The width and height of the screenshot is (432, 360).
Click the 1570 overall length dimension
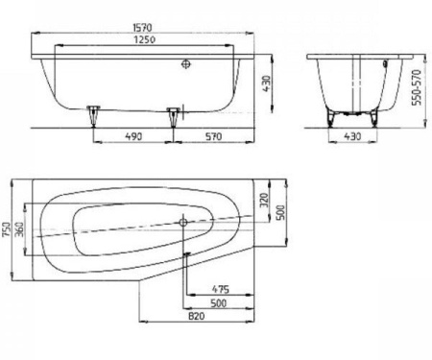coord(143,28)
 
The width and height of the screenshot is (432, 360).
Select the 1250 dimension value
coord(144,39)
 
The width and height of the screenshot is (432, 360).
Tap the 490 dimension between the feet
coord(133,136)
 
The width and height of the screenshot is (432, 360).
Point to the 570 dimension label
coord(213,136)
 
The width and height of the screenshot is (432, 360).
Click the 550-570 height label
coord(417,87)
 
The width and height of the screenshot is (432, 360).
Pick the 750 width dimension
coord(7,229)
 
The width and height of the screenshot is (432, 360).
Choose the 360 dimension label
coord(19,229)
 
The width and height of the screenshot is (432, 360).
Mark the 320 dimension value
coord(264,201)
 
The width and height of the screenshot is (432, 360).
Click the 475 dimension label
coord(221,290)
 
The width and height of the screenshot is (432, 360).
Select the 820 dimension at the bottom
coord(196,316)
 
